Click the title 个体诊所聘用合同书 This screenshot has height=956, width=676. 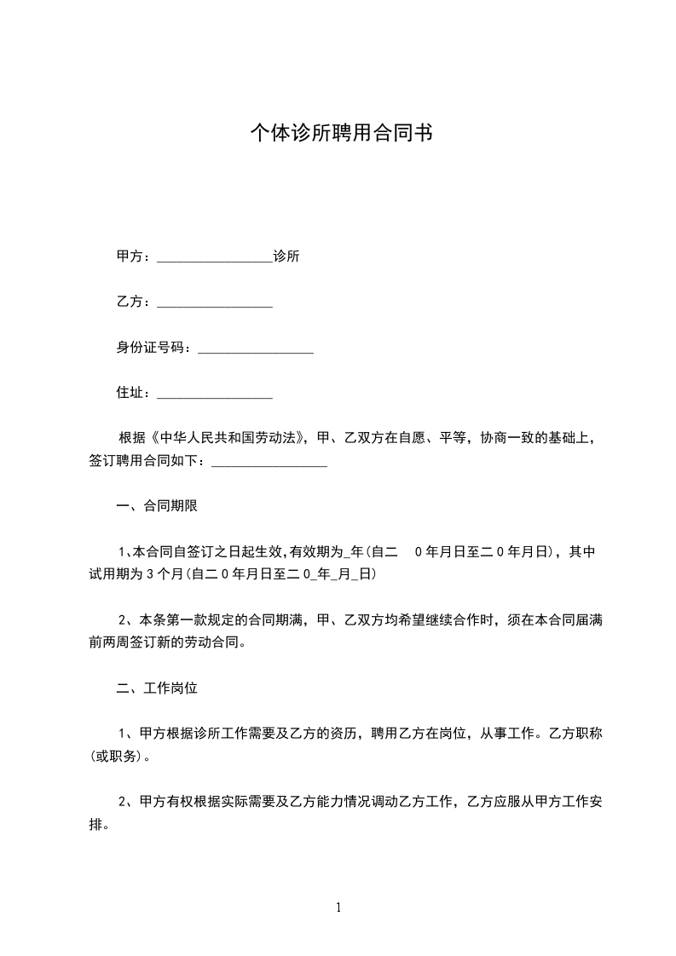tap(340, 133)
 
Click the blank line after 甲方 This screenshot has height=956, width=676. tap(215, 257)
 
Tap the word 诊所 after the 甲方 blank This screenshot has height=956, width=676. tap(286, 256)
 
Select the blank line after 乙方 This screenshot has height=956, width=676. tap(215, 302)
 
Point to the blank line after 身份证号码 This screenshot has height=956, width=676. tap(256, 348)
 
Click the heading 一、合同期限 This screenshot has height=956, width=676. tap(157, 507)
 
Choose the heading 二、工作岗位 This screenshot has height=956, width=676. tap(157, 688)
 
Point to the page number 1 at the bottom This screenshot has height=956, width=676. tap(338, 907)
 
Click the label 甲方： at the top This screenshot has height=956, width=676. tap(135, 256)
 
